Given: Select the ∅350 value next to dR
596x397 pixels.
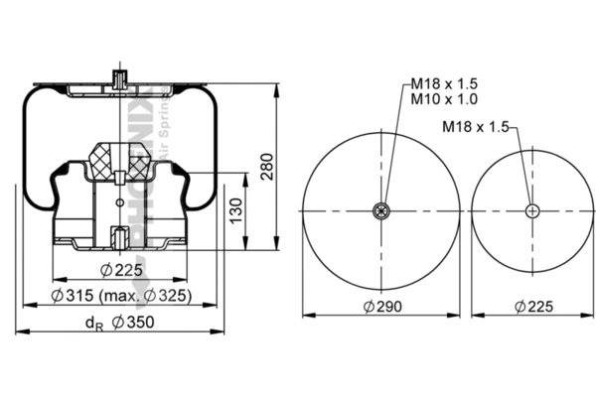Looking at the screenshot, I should (132, 322).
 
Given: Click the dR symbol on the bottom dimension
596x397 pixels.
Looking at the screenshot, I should (92, 323).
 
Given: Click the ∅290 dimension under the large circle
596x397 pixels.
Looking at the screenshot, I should (381, 307).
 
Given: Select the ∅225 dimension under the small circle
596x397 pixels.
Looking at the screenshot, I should (532, 307).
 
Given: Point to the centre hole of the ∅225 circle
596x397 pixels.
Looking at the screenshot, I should (532, 209).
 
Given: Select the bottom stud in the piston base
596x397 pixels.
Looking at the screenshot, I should (117, 238).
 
